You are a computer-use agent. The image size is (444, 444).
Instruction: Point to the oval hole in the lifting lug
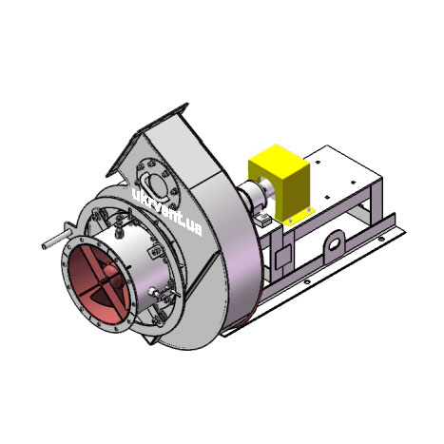[x=336, y=243]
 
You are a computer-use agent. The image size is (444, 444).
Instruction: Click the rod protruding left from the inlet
[x=57, y=241]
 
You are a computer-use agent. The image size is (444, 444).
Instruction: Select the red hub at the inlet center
[x=113, y=274]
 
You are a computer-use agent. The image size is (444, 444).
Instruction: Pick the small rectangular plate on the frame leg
[x=283, y=257]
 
